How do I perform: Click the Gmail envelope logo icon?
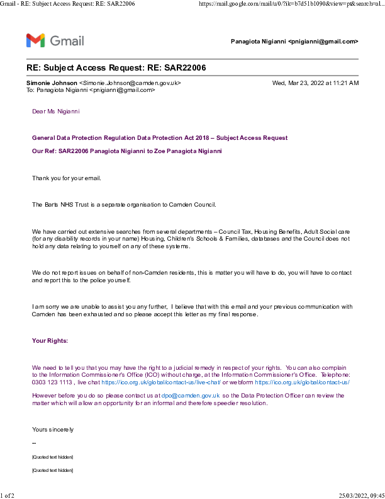[35, 41]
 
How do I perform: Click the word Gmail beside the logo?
[67, 41]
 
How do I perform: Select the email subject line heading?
[116, 67]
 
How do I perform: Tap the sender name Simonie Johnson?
[52, 83]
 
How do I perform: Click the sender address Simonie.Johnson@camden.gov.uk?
[130, 83]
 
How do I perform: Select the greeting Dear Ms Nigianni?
[55, 112]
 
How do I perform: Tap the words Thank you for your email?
[67, 178]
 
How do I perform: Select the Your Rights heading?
[50, 341]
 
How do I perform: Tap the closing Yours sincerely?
[53, 430]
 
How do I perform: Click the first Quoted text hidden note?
[52, 457]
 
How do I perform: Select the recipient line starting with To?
[91, 90]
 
